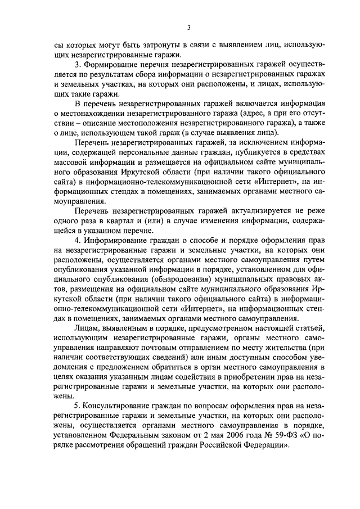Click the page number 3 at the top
(x=189, y=26)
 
